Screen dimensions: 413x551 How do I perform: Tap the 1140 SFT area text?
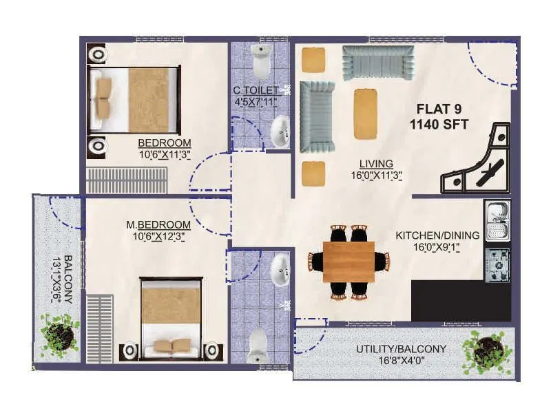point(439,125)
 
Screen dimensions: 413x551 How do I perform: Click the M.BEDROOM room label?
point(158,224)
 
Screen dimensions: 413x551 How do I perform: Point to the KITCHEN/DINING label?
point(437,235)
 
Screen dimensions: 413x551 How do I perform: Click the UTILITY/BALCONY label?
point(402,349)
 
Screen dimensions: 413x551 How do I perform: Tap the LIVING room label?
point(376,164)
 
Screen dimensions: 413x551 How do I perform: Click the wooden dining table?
point(349,262)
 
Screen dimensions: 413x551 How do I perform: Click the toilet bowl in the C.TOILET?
point(261,63)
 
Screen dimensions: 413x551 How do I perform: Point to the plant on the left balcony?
point(59,335)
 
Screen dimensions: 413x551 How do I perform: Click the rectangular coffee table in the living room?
point(365,114)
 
